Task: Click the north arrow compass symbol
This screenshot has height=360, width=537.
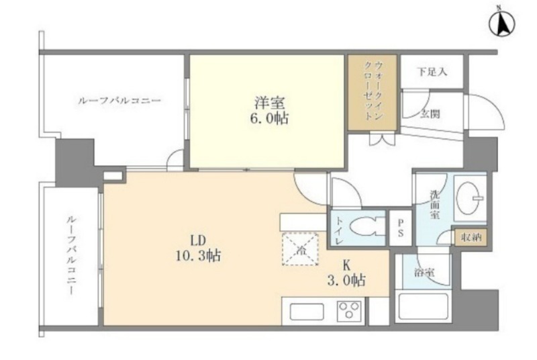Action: [x=501, y=24]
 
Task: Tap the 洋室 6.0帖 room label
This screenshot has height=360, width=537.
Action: [x=269, y=110]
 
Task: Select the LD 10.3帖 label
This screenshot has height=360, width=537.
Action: [x=198, y=248]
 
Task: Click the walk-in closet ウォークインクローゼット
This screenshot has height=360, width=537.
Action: [x=373, y=93]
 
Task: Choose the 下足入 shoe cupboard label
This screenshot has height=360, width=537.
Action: [x=432, y=72]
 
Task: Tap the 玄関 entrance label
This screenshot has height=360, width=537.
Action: [x=430, y=114]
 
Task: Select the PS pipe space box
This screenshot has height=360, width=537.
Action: [x=400, y=228]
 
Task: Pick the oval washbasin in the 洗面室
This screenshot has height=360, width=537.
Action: [x=468, y=198]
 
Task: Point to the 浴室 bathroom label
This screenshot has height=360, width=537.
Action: [x=424, y=273]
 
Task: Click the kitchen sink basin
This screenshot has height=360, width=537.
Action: [x=307, y=312]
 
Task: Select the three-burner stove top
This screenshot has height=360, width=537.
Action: [x=349, y=311]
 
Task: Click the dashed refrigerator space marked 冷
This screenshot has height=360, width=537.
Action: [x=300, y=249]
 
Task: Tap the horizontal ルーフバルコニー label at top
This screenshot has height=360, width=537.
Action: [x=119, y=101]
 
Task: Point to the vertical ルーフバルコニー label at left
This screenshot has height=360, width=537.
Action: [x=71, y=255]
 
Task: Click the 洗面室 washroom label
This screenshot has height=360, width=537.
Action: [x=435, y=204]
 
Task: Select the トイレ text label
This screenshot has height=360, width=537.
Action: [x=339, y=230]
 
